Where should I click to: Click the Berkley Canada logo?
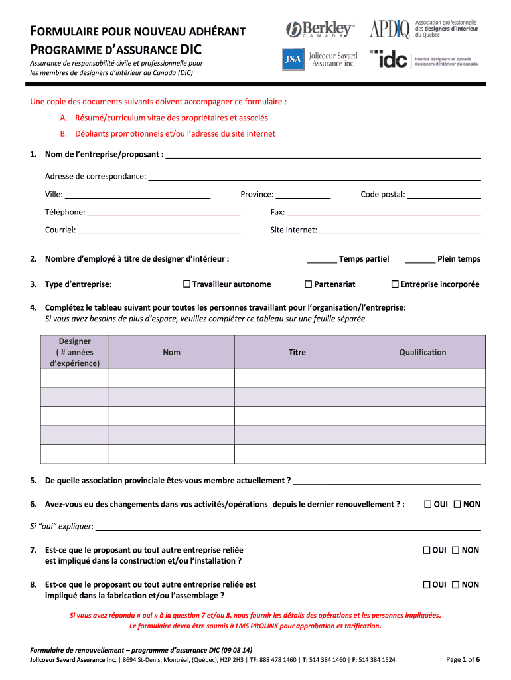point(320,30)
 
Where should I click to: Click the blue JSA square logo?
point(293,60)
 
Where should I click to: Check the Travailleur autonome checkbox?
point(187,284)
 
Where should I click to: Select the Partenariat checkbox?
point(308,284)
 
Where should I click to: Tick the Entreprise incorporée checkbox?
point(395,284)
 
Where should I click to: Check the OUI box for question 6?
point(428,504)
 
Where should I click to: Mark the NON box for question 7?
point(457,550)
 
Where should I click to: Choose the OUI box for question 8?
point(428,585)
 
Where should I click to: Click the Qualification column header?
point(422,353)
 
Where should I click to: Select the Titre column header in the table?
point(297,353)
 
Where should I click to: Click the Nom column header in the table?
point(171,353)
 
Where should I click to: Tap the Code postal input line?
point(444,195)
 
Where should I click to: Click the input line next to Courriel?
point(159,231)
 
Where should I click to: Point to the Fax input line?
point(383,213)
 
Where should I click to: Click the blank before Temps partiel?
point(321,260)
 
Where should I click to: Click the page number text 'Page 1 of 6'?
point(463,659)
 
